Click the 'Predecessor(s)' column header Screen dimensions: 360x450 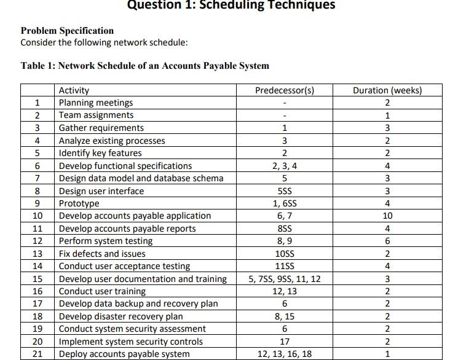[x=285, y=90]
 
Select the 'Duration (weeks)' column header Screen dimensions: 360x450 [x=387, y=90]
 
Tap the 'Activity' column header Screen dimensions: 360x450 [x=74, y=90]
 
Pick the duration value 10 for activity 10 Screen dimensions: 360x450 [x=387, y=216]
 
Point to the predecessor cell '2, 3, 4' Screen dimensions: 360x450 [x=285, y=166]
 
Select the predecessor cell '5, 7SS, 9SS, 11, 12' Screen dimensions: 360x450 [x=285, y=279]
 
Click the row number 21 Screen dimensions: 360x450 [x=37, y=354]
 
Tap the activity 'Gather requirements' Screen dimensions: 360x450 [x=101, y=128]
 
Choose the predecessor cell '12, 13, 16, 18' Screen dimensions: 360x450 [x=285, y=354]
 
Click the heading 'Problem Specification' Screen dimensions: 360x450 [x=67, y=31]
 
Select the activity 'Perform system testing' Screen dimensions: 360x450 [x=106, y=241]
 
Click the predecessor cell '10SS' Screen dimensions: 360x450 [x=285, y=254]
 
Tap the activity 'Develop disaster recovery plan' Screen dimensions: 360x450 [x=120, y=316]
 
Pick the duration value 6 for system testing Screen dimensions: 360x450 [x=387, y=241]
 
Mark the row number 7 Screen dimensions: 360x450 [x=37, y=178]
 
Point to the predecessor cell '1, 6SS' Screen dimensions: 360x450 [x=285, y=203]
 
